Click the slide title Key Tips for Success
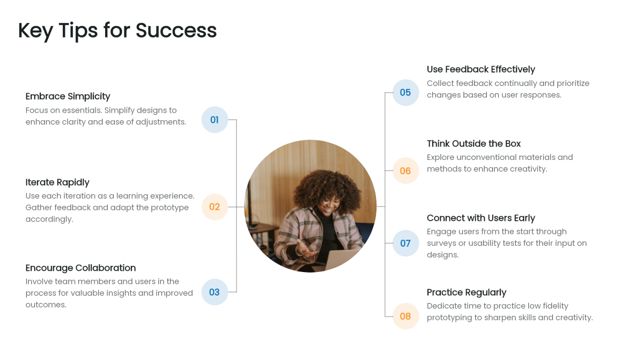117,31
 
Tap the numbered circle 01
215,120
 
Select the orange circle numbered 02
215,207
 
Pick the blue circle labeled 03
215,292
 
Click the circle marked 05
405,93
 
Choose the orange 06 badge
405,171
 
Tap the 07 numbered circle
405,244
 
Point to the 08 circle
405,317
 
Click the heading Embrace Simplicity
68,97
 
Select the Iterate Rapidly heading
57,182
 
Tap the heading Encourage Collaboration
80,268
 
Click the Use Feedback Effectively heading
481,69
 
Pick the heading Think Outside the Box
474,144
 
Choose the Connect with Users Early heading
481,218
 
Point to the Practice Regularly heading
466,292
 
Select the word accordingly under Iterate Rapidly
49,219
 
